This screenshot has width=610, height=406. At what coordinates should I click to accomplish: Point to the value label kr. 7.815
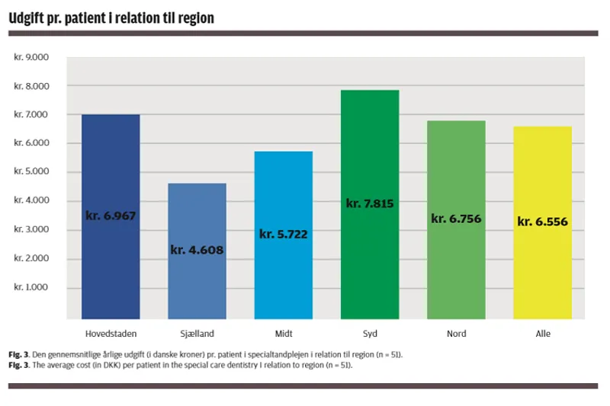[370, 203]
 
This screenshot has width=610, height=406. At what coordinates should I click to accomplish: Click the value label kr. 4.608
[197, 249]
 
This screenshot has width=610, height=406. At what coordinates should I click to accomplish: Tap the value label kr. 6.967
[111, 216]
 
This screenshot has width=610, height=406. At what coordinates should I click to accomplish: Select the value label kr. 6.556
[542, 222]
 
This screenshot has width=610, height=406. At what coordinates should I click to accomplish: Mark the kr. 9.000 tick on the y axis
[31, 57]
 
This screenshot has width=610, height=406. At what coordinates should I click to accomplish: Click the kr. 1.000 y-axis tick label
[31, 288]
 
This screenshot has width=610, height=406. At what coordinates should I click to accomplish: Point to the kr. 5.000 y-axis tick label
[31, 172]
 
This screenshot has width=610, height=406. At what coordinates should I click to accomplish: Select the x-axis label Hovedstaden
[111, 334]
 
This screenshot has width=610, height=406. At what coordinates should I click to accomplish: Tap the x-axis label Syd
[370, 334]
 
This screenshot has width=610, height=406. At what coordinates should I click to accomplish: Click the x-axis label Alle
[542, 334]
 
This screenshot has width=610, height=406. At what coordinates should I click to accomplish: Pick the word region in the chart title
[194, 17]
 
